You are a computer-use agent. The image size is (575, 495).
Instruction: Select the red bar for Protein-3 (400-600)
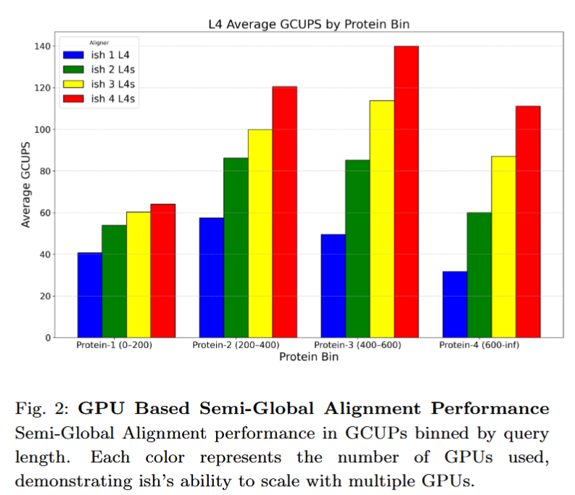[406, 192]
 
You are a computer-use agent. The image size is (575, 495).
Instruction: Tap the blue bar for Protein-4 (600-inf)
[455, 304]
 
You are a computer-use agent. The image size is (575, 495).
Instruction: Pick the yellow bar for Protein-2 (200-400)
[260, 233]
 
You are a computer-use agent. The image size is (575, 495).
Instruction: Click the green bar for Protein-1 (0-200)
[114, 281]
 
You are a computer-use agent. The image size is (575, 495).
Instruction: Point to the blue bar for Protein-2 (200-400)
[211, 278]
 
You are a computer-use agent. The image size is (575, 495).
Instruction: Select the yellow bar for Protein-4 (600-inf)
[503, 246]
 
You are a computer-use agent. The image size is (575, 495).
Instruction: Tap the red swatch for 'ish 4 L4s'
[74, 98]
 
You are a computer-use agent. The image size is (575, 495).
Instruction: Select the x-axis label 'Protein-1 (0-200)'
[114, 345]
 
